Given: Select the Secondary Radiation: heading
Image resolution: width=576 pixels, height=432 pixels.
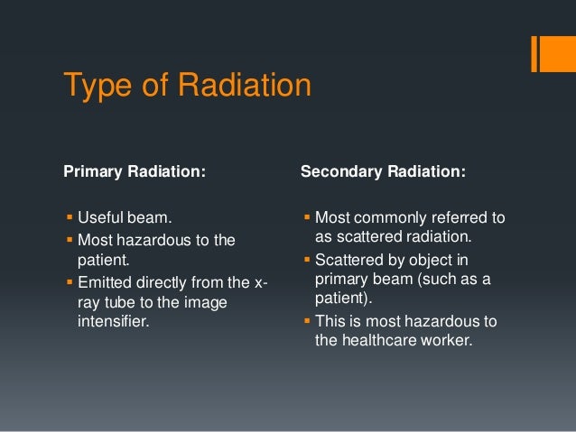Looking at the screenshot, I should click(x=383, y=170).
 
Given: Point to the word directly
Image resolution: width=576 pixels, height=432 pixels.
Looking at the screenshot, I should click(x=166, y=285).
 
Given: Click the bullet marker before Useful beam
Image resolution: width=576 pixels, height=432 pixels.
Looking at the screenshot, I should click(x=69, y=218).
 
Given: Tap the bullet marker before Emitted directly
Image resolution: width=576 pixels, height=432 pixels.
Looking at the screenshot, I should click(x=69, y=285).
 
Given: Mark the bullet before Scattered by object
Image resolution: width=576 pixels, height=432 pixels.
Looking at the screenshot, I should click(x=307, y=262).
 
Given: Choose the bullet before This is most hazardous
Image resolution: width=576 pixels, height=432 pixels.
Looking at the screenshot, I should click(x=307, y=321).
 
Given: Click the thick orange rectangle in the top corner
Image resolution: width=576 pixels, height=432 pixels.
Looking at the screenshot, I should click(x=548, y=54).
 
